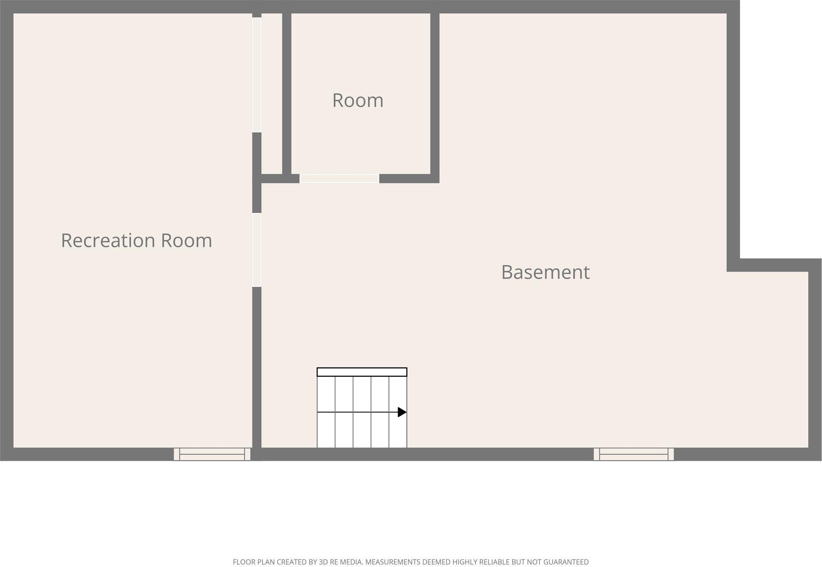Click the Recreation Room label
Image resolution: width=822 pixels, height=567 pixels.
pos(136,240)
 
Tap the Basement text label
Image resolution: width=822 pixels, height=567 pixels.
pos(545,272)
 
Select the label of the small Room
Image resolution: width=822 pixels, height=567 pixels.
pos(358,101)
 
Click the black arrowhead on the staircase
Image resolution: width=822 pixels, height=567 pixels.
pos(402,412)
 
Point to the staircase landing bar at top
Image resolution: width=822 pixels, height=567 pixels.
pos(362,372)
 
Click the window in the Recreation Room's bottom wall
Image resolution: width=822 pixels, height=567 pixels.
pos(212,454)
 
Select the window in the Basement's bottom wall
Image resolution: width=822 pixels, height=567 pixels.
pos(633,454)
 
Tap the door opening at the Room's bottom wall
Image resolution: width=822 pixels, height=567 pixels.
pos(339,179)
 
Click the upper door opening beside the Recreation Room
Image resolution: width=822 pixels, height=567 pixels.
pos(257,75)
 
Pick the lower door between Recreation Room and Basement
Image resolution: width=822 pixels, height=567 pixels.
pos(257,250)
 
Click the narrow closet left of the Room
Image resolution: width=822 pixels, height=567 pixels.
pos(272,93)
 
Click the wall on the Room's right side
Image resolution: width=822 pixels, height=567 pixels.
pos(435,93)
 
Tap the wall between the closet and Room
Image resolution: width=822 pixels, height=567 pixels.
pos(287,93)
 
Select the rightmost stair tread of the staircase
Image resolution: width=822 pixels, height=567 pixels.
pos(398,412)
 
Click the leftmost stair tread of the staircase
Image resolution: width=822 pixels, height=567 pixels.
pos(326,412)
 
